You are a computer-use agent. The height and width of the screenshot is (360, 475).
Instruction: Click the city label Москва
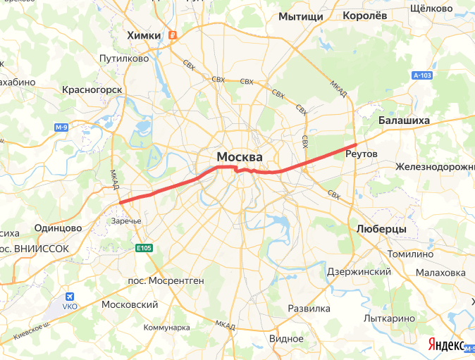click(x=240, y=156)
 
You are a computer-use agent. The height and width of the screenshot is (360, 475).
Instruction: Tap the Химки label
click(x=143, y=35)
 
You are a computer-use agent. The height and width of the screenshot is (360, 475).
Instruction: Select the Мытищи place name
click(x=300, y=16)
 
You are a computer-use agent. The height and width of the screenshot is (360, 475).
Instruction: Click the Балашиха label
click(x=404, y=120)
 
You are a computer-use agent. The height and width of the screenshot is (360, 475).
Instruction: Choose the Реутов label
click(x=362, y=154)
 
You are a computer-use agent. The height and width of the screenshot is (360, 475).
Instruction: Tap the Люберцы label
click(x=381, y=230)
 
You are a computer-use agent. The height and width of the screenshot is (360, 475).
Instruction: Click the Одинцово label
click(x=58, y=228)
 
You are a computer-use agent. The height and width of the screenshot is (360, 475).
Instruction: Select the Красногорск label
click(x=92, y=89)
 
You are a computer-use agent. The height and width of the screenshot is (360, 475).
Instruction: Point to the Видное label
click(x=286, y=338)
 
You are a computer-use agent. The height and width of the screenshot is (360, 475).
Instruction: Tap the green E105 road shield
click(x=144, y=248)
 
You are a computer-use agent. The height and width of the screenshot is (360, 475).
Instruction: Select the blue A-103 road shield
click(x=422, y=75)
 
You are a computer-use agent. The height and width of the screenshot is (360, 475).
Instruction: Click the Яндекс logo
click(x=445, y=345)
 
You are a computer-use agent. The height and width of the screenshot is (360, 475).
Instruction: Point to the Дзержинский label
click(x=359, y=272)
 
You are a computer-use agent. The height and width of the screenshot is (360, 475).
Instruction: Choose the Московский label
click(x=130, y=304)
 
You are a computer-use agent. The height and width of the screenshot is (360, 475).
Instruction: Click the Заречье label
click(x=127, y=221)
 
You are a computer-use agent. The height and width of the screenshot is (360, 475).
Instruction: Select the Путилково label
click(x=124, y=58)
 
